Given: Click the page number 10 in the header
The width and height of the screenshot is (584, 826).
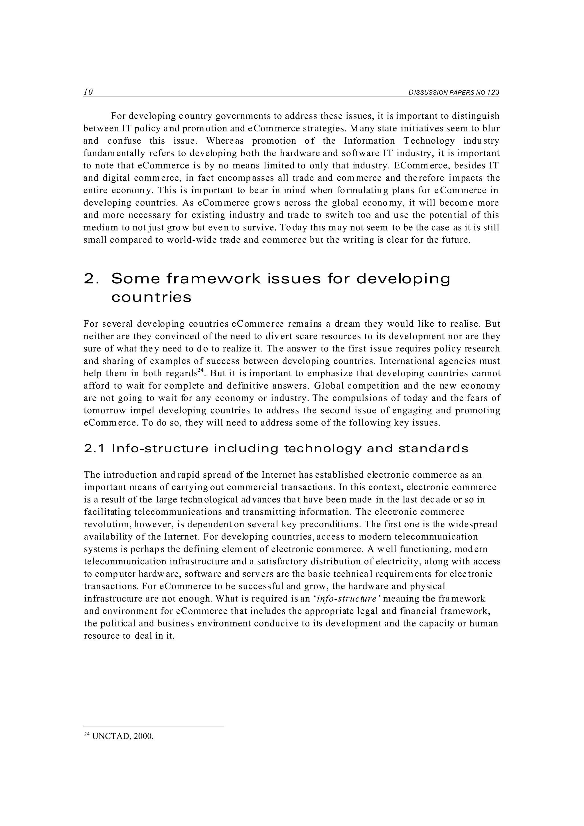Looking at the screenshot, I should point(88,92).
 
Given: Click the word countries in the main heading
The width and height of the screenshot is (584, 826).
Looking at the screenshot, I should point(151,298).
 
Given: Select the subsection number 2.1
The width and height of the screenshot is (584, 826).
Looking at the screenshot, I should point(94,449).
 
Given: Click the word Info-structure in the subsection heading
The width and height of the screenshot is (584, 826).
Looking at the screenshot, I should point(160,449).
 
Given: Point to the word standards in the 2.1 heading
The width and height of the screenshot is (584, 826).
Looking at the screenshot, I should point(433,449).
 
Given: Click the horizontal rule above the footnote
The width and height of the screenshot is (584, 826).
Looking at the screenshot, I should point(154,727).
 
